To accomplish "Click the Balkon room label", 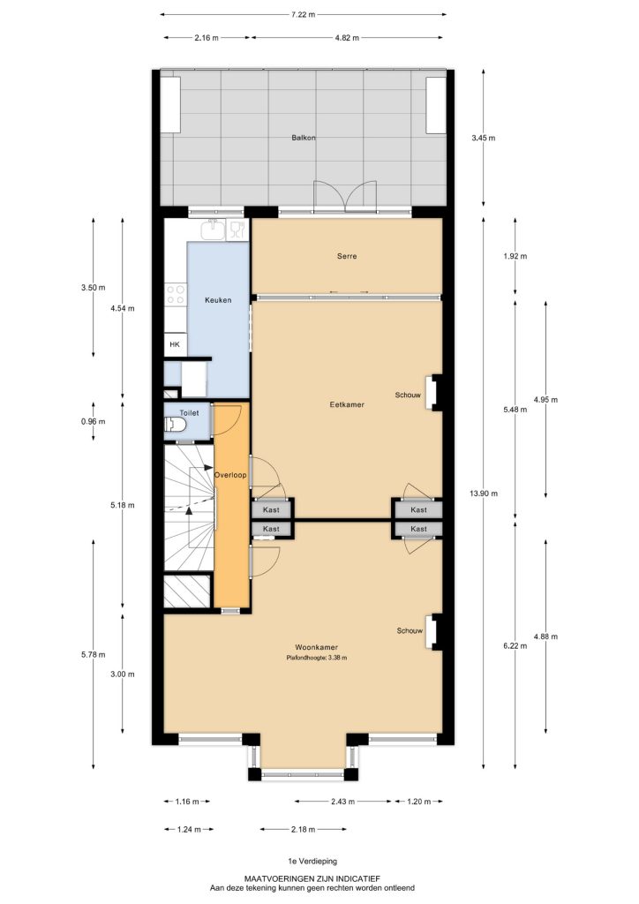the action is click(x=303, y=138).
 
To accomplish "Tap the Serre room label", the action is click(x=347, y=256).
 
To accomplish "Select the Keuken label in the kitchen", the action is click(x=218, y=300).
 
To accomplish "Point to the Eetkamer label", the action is click(x=347, y=404).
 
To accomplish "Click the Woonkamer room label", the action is click(x=316, y=647).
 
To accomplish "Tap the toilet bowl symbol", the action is click(x=176, y=426).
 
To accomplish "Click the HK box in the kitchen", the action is click(x=175, y=344).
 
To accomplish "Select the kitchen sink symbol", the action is click(x=214, y=229).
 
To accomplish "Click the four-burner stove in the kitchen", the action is click(x=175, y=295).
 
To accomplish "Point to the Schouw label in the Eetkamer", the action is click(x=408, y=395).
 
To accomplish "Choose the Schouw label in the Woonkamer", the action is click(x=410, y=630).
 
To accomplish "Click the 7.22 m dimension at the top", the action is click(x=303, y=14).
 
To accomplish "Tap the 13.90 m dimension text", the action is click(x=484, y=493).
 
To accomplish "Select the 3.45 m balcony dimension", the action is click(x=484, y=138).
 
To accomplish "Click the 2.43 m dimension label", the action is click(x=342, y=802).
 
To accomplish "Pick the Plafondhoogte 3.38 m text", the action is click(x=316, y=657).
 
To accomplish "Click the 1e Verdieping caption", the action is click(x=312, y=862).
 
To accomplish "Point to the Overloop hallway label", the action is click(x=230, y=475).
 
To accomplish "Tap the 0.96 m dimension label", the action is click(x=94, y=421).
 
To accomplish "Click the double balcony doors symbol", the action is click(x=344, y=197).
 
